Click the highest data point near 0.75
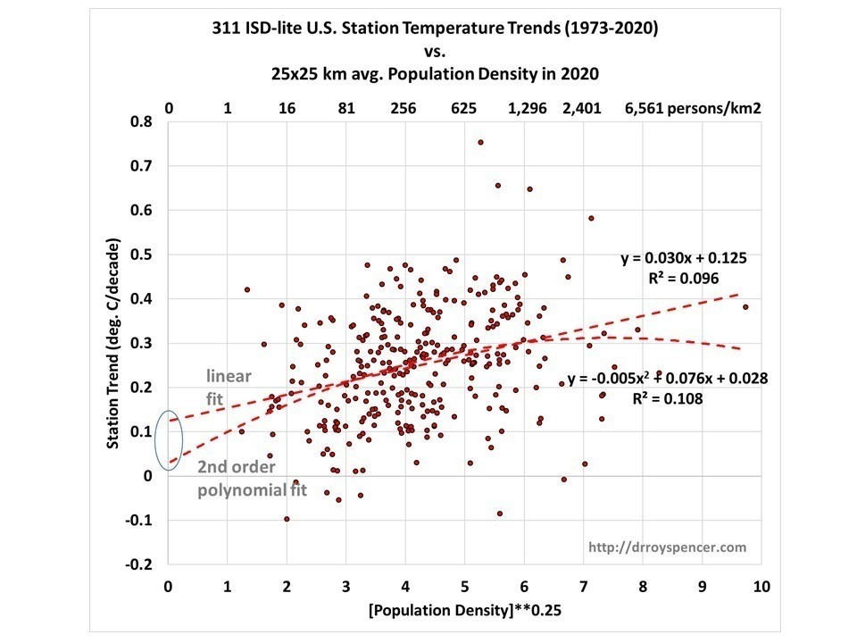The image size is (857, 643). pos(480,142)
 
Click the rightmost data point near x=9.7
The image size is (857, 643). pos(745,307)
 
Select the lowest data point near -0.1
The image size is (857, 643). pos(287,519)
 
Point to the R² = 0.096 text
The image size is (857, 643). pos(684,278)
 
